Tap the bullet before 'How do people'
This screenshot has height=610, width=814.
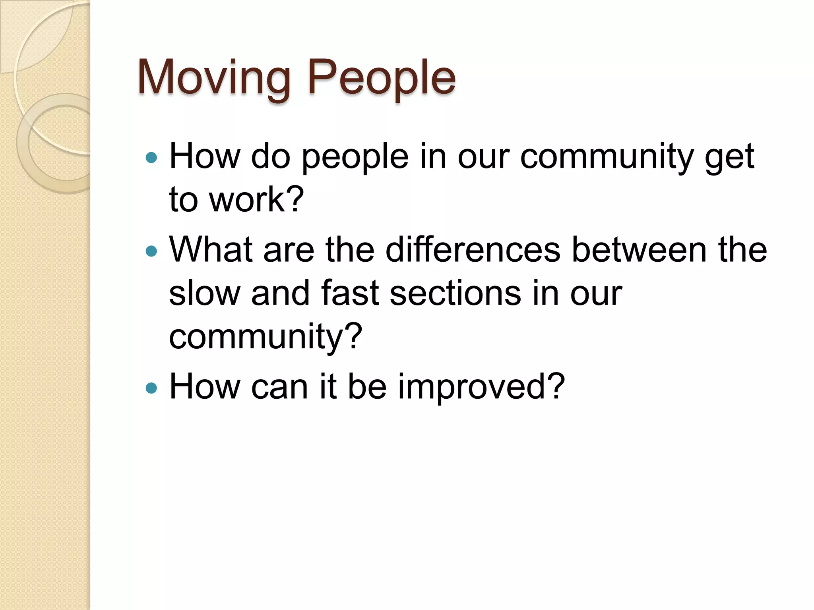(151, 158)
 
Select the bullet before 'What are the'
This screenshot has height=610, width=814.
(151, 251)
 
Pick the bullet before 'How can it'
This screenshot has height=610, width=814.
(151, 388)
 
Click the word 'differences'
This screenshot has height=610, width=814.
(473, 250)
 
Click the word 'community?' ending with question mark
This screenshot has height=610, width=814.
(266, 337)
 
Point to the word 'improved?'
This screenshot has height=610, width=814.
(481, 387)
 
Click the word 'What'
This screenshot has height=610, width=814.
(211, 250)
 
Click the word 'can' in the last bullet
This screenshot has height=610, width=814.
(279, 387)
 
